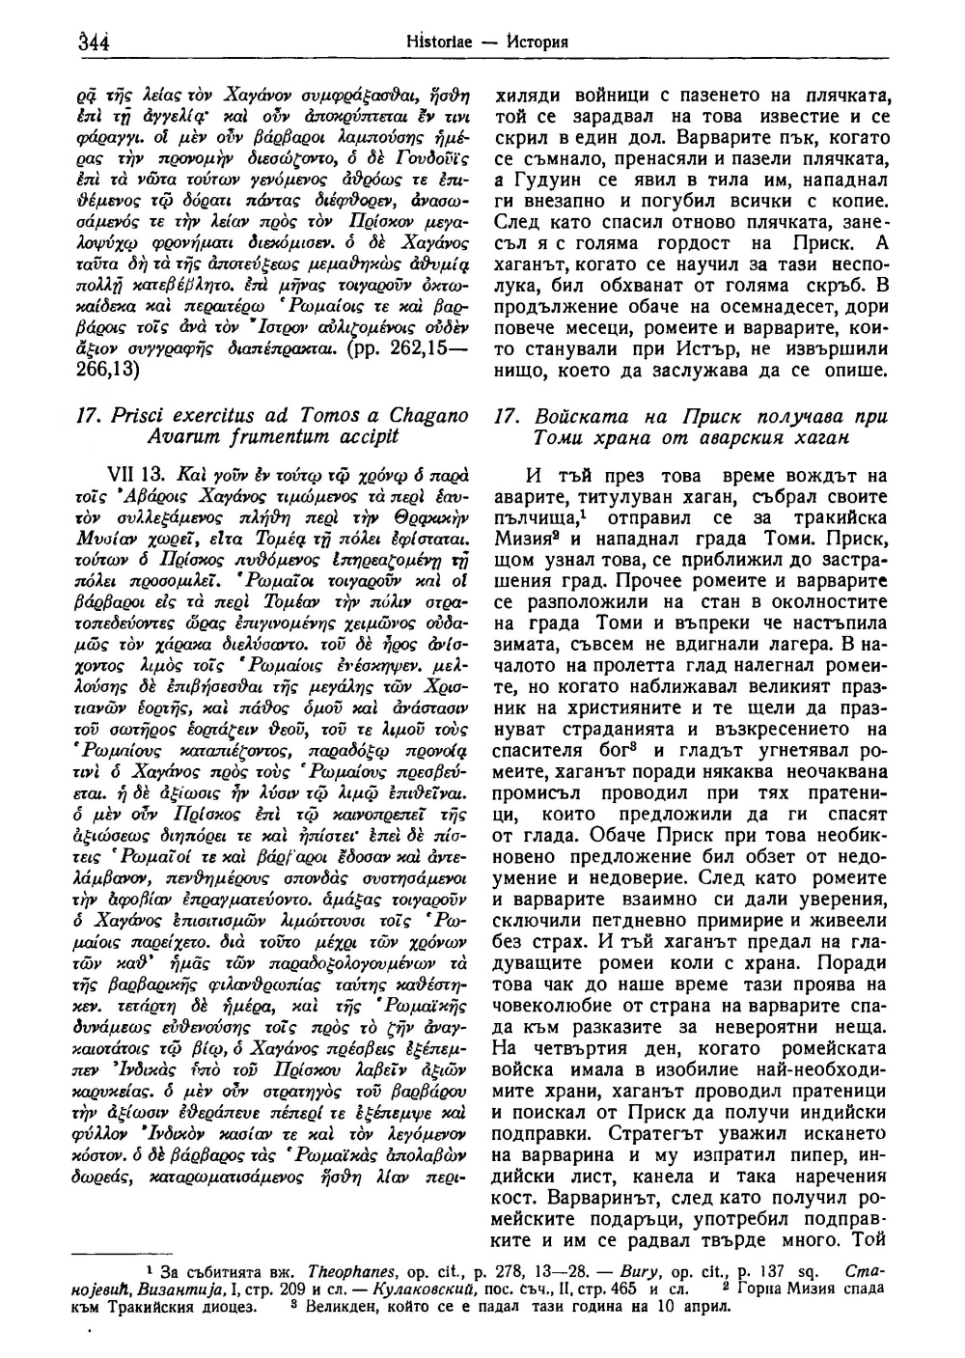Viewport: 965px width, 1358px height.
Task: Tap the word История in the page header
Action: coord(536,43)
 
